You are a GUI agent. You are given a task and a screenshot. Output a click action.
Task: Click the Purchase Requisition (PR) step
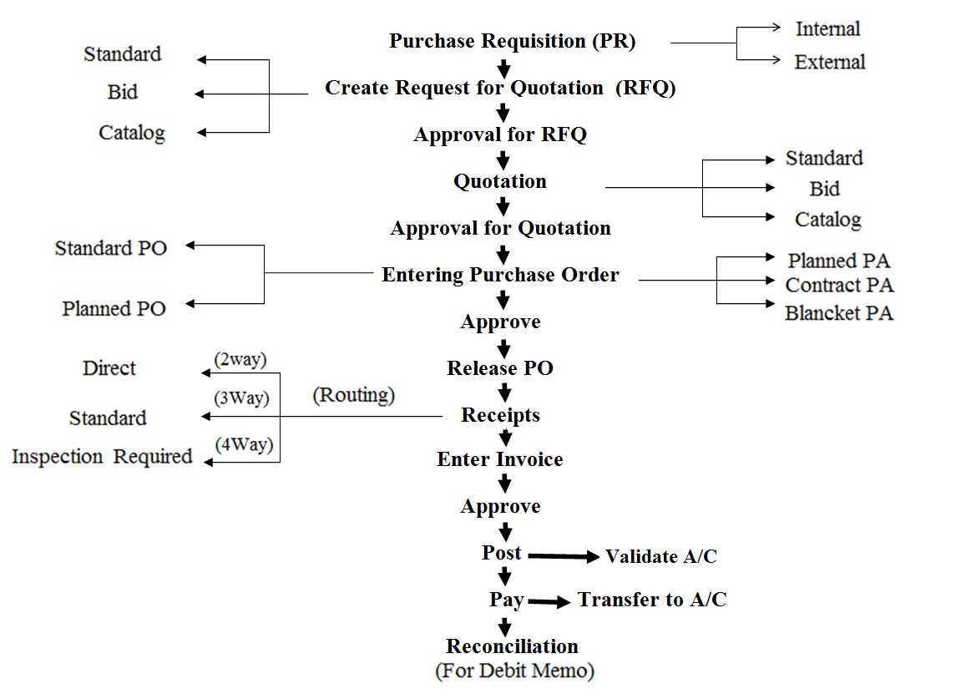click(x=512, y=41)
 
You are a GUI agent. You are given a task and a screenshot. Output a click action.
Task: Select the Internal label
click(x=827, y=28)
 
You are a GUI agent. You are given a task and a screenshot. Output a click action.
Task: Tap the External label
click(x=830, y=62)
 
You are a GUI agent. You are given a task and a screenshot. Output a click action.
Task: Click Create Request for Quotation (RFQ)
click(x=499, y=88)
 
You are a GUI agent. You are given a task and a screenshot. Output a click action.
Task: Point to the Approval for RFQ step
click(x=500, y=134)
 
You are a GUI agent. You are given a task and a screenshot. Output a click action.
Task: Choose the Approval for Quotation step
click(x=500, y=228)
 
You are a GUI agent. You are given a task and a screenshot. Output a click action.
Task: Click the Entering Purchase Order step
click(x=500, y=275)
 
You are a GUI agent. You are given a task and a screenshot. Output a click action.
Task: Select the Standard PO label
click(x=111, y=248)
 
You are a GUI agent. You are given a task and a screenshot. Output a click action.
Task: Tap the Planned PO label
click(x=114, y=308)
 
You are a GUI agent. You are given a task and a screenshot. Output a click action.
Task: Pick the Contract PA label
click(x=839, y=285)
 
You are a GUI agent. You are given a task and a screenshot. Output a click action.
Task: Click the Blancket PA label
click(x=839, y=313)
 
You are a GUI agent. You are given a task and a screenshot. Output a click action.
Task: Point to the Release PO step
click(x=500, y=368)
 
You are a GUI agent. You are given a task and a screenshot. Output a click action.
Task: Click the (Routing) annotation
click(x=353, y=394)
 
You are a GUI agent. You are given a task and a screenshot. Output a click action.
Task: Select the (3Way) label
click(x=242, y=398)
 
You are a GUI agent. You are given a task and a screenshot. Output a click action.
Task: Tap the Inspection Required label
click(x=102, y=457)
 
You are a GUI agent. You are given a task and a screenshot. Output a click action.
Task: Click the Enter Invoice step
click(x=500, y=459)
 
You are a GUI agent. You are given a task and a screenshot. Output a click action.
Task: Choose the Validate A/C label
click(x=660, y=556)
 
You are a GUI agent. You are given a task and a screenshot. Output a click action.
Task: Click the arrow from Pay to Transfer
click(x=549, y=601)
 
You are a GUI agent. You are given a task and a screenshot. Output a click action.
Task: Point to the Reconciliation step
click(x=512, y=646)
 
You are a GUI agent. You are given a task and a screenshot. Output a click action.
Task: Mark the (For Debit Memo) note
click(x=514, y=671)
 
